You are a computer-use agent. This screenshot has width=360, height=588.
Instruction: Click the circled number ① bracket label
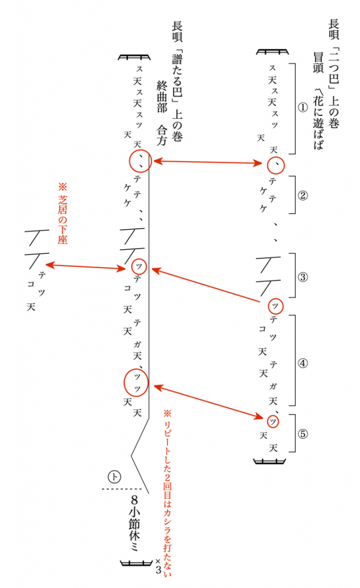point(303,107)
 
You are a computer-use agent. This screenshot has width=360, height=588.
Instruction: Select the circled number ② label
point(303,195)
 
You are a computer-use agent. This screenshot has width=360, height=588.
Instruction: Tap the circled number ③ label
point(303,277)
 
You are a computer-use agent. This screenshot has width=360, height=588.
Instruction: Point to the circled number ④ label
point(303,363)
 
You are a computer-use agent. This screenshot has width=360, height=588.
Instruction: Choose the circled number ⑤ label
point(303,434)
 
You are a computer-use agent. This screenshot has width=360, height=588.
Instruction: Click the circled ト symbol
point(114,477)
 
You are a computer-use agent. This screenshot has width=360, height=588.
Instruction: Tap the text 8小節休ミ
point(134,523)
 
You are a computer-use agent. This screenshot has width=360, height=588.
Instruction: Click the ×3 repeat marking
point(158,566)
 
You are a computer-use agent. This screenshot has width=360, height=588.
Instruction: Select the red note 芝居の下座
point(63,214)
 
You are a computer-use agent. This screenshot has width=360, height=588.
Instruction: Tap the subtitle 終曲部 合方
point(161,113)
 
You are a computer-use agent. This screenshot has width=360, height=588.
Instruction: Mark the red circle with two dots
point(141,161)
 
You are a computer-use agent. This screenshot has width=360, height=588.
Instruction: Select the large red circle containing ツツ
point(136,382)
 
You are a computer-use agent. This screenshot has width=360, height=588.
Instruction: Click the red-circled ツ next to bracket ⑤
point(273,422)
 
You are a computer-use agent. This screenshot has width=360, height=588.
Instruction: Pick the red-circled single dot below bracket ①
point(276,165)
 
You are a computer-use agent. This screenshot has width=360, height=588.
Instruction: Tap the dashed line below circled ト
point(122,489)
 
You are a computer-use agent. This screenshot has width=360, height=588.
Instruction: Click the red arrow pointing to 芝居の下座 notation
point(86,266)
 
